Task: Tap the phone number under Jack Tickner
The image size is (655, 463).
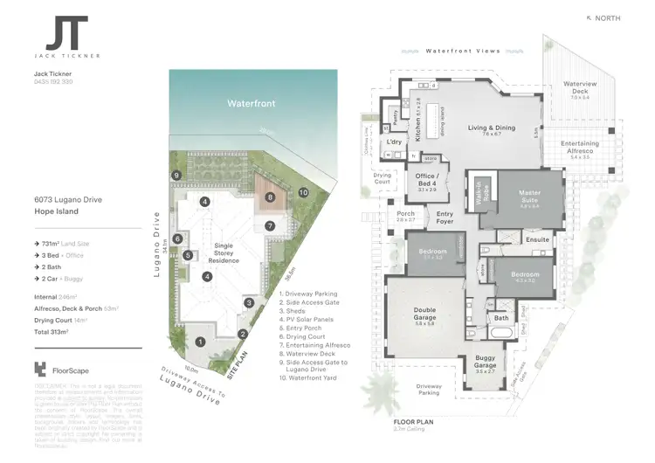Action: [x=52, y=81]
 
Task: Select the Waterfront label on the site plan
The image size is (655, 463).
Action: [x=252, y=103]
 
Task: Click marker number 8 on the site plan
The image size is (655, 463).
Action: [x=271, y=197]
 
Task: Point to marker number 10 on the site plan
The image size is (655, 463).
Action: [x=303, y=191]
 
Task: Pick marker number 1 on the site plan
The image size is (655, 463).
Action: [x=200, y=342]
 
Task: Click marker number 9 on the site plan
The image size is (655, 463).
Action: [x=176, y=176]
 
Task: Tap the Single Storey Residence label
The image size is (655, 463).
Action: [x=224, y=254]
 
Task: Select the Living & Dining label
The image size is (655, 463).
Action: [x=491, y=128]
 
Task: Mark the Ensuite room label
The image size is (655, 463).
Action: [x=537, y=238]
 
